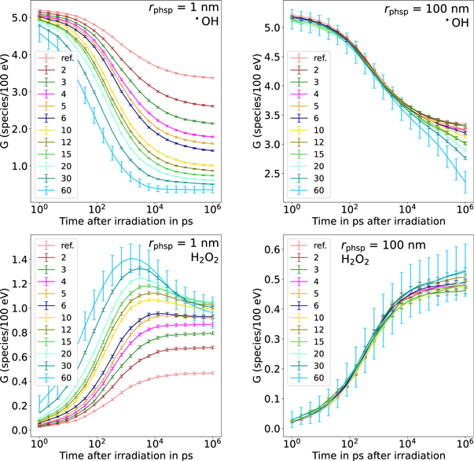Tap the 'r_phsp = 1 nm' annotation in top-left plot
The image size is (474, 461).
click(173, 12)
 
